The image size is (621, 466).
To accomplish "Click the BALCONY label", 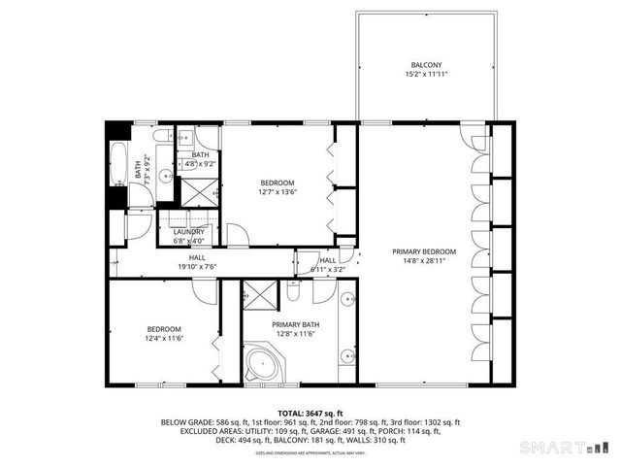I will point(427,65).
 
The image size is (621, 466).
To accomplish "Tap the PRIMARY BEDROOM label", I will point(425,251).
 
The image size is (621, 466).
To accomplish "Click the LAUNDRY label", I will point(189,232).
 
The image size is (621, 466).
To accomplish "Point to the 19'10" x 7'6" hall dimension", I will point(197,267).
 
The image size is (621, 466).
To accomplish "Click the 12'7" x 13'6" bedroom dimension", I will point(278,192).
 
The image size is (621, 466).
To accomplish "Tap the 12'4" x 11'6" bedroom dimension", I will point(164,338).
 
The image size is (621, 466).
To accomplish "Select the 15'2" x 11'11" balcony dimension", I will point(427,74).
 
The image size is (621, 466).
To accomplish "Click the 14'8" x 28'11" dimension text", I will point(425,260).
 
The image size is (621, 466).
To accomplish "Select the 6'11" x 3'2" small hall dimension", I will point(323,269).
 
